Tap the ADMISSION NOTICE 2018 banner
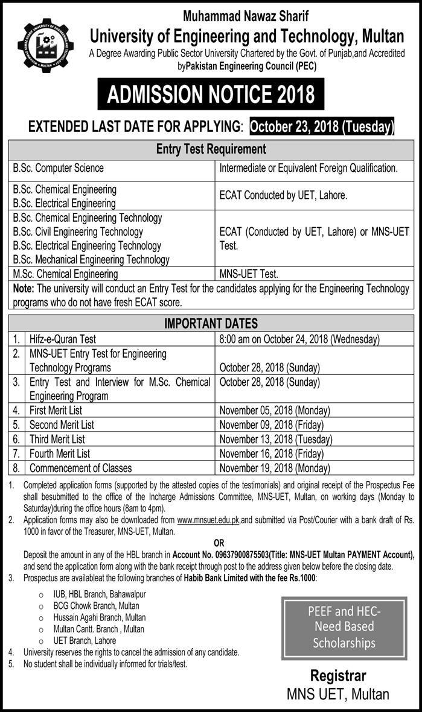click(x=211, y=94)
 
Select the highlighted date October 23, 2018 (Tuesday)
click(x=321, y=127)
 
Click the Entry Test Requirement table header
click(x=211, y=149)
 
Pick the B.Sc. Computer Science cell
click(x=58, y=168)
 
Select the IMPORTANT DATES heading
click(x=211, y=324)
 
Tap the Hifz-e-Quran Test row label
click(x=63, y=339)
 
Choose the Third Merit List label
click(x=57, y=439)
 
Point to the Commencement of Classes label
click(x=80, y=468)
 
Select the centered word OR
click(x=219, y=543)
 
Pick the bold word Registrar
click(x=338, y=675)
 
